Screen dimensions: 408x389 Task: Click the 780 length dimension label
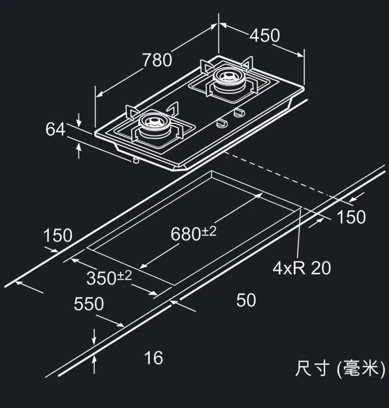click(157, 60)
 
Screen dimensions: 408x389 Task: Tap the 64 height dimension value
click(55, 130)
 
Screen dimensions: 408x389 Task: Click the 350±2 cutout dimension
click(109, 278)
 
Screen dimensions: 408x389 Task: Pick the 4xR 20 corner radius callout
click(302, 268)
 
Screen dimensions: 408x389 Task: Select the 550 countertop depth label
click(89, 304)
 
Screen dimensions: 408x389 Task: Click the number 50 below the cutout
click(246, 300)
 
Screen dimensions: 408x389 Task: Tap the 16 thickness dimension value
click(154, 358)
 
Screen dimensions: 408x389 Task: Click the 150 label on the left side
click(58, 236)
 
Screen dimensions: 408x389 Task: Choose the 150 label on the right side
click(351, 217)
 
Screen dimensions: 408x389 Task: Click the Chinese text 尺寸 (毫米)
click(339, 369)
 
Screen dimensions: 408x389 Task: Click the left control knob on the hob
click(222, 121)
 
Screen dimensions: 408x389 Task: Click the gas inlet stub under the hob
click(134, 160)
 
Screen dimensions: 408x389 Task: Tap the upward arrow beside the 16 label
click(94, 364)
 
